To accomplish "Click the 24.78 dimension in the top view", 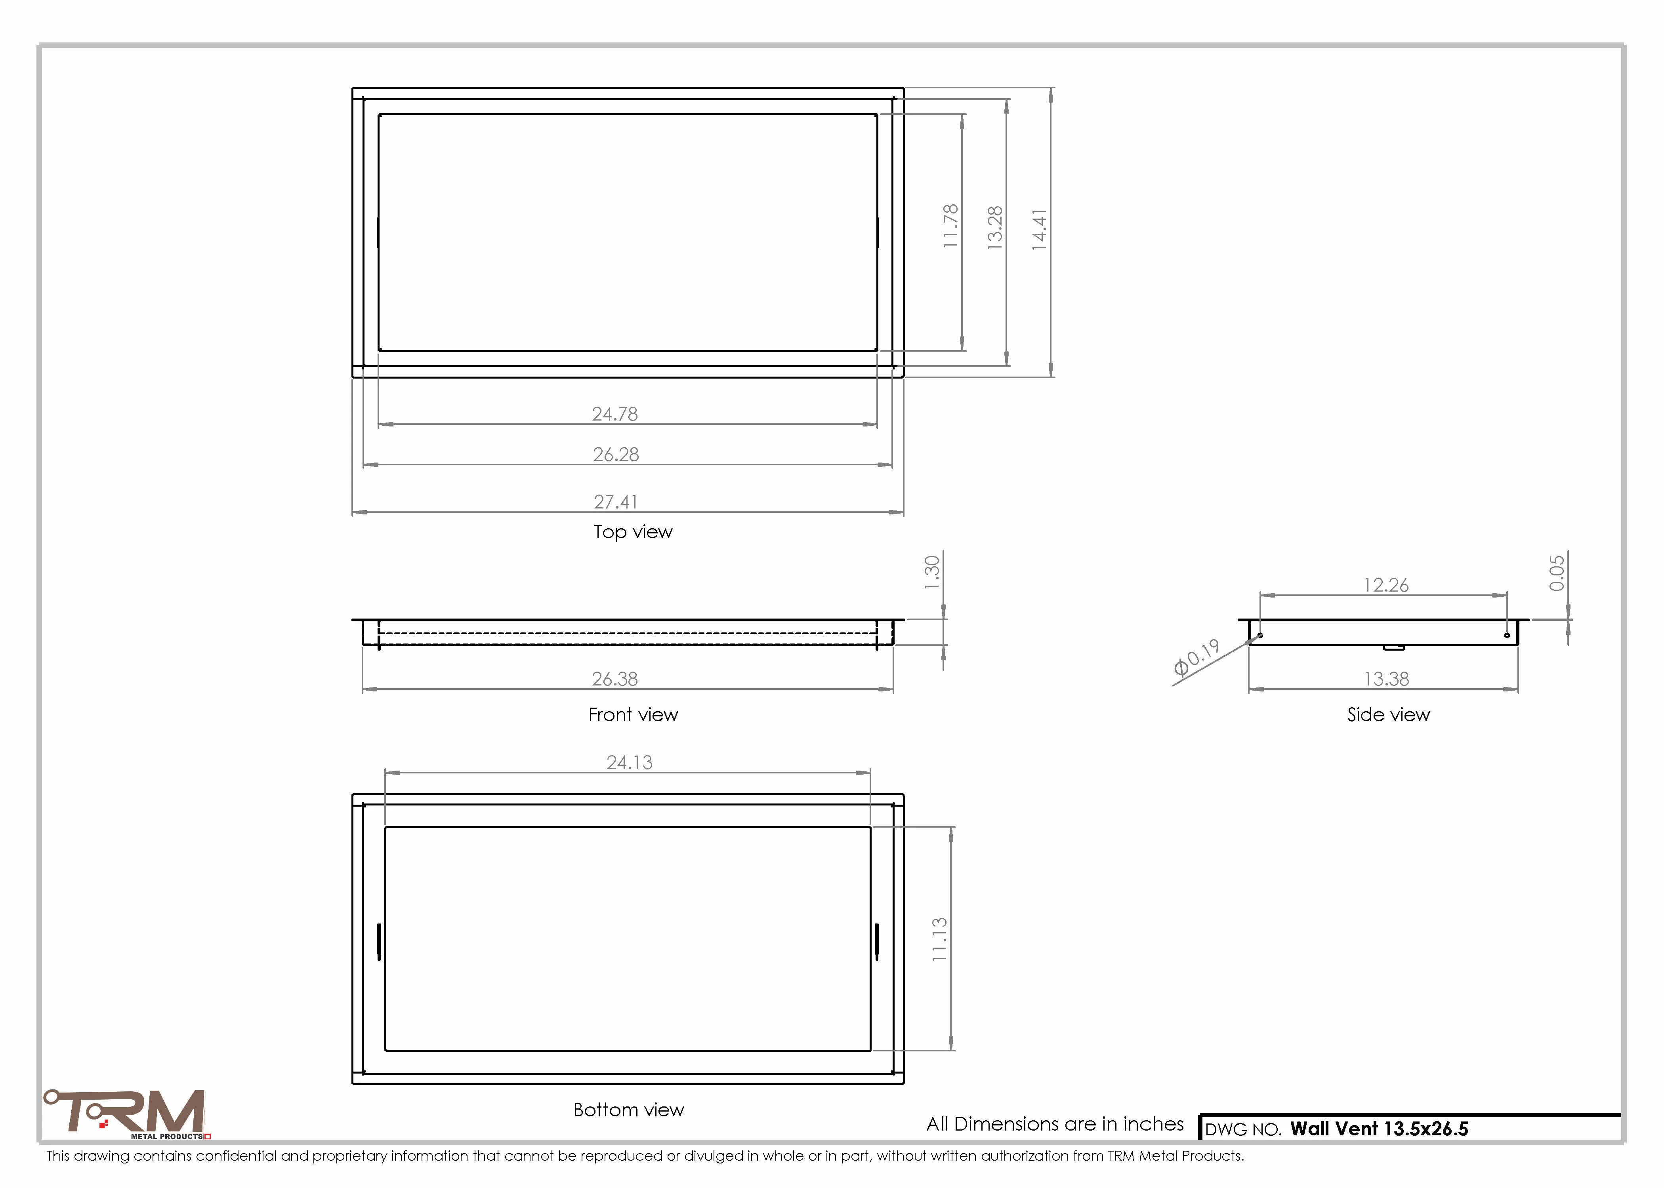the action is (x=614, y=414).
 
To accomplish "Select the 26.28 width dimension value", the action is (x=615, y=454).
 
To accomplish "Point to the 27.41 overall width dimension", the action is (x=615, y=502).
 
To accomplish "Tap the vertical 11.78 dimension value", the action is (x=950, y=226).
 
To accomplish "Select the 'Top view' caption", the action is (x=633, y=532).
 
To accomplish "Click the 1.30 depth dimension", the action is (x=931, y=572).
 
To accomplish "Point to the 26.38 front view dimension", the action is (x=614, y=679).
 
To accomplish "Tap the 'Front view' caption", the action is (x=633, y=715).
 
